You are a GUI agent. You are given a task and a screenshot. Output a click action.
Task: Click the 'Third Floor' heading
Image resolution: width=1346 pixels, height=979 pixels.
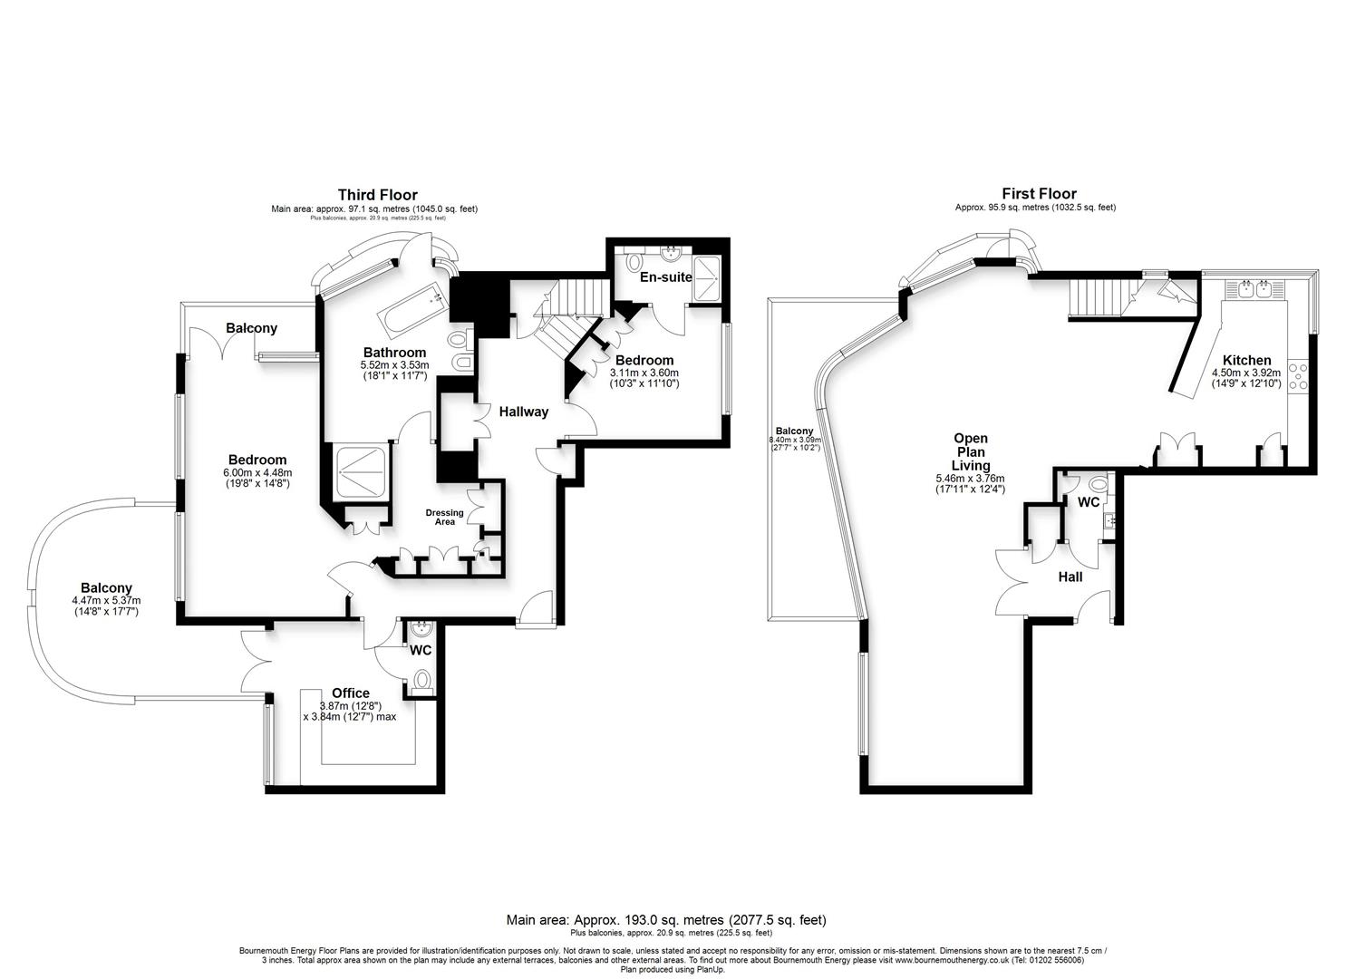coord(377,195)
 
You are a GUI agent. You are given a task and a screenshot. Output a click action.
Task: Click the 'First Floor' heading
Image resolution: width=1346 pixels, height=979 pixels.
coord(1039,193)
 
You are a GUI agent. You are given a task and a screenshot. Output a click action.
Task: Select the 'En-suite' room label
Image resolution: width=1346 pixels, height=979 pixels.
coord(665,276)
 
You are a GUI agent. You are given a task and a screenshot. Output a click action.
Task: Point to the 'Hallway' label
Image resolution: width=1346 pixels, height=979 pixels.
coord(523,412)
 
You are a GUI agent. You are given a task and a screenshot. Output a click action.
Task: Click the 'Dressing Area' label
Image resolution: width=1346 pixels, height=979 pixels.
coord(444,518)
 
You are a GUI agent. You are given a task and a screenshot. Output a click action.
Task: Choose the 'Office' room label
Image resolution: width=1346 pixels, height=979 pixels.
coord(350,693)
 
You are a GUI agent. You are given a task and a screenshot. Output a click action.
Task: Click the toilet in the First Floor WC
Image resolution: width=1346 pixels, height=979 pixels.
coord(1099,482)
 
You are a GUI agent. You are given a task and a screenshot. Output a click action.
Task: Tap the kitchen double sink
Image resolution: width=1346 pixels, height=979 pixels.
coord(1255,290)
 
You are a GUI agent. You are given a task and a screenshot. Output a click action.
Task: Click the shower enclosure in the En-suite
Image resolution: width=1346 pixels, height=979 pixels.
coord(708,277)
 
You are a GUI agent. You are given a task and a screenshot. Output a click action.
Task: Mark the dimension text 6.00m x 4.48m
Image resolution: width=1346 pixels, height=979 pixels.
coord(257,472)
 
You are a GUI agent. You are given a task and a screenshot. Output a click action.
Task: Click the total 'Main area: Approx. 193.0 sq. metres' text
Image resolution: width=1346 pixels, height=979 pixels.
coord(666,920)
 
